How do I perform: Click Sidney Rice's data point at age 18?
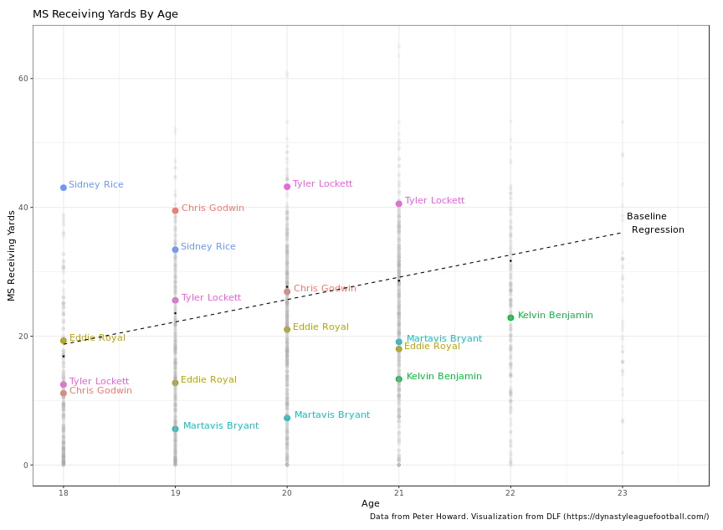click(64, 188)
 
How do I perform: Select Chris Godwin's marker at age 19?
click(175, 210)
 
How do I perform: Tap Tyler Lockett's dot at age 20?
click(287, 187)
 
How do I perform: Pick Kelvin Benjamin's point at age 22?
click(510, 317)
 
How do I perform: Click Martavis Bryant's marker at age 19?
click(175, 429)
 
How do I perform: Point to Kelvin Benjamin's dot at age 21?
click(399, 379)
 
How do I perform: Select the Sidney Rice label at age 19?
click(208, 247)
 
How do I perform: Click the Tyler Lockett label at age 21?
click(434, 201)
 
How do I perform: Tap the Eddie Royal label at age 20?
click(320, 327)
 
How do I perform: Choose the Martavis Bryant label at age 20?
click(331, 415)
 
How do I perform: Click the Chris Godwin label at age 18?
click(100, 391)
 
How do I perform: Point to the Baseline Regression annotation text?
click(655, 223)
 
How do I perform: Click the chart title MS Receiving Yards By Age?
click(105, 14)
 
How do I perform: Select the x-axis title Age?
click(371, 503)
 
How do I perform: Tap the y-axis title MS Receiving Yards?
click(12, 255)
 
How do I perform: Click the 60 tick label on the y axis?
click(23, 79)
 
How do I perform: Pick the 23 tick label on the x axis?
click(622, 494)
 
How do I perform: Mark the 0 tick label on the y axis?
click(26, 465)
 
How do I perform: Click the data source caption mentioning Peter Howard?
click(539, 517)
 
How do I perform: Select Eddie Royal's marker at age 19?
click(175, 383)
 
